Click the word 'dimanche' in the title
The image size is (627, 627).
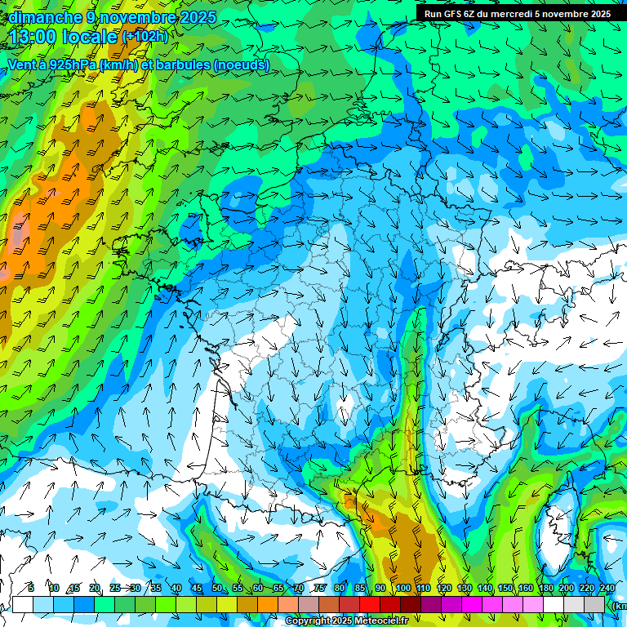[38, 17]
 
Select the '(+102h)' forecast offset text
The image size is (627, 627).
[145, 37]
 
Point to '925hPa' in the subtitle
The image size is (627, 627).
[70, 65]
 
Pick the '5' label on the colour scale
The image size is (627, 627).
[31, 589]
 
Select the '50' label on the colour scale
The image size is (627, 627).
[217, 589]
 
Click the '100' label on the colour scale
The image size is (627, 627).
[402, 589]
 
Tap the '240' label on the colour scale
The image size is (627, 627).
[607, 589]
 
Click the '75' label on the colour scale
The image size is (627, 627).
[319, 589]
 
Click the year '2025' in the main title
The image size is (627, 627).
[197, 17]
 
